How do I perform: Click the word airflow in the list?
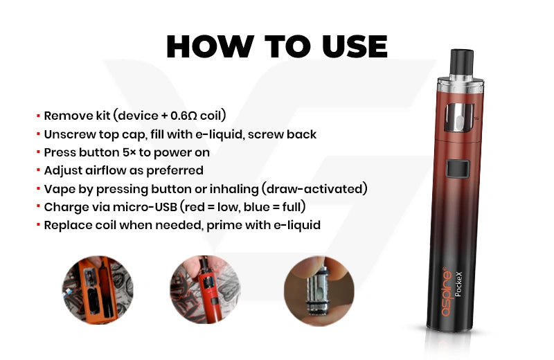tap(103, 170)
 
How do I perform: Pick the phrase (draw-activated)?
tap(314, 189)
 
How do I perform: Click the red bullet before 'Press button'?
tap(38, 152)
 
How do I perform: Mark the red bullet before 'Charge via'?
tap(38, 206)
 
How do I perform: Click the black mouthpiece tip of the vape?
tap(461, 61)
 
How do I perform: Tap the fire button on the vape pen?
tap(458, 168)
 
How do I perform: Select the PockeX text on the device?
tap(458, 284)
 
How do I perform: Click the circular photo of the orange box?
tap(98, 290)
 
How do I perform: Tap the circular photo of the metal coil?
tap(319, 290)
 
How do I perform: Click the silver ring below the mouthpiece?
tap(461, 84)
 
